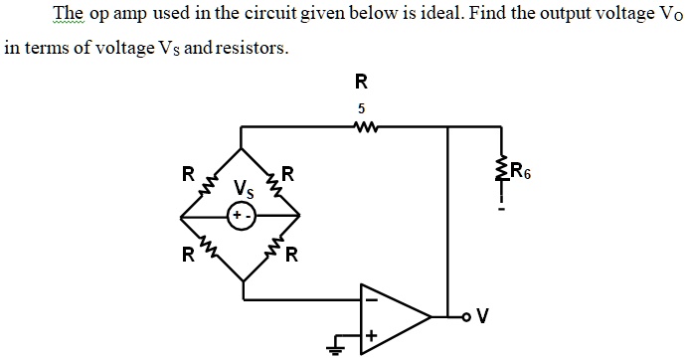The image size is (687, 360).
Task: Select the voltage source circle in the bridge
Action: point(243,215)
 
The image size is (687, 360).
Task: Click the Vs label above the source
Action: point(244,187)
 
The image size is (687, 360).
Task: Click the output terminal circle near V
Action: point(464,318)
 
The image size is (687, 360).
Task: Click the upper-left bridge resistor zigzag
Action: point(210,184)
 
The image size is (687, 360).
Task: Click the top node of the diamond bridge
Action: point(243,150)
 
